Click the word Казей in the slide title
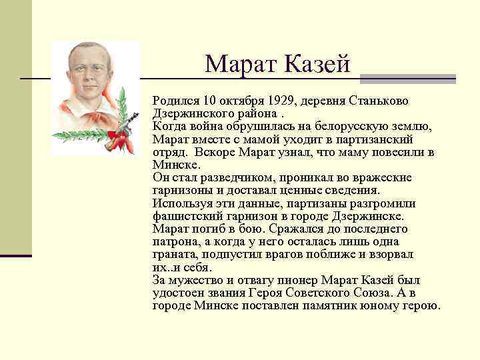click(x=318, y=64)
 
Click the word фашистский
click(x=184, y=216)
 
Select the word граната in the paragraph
click(x=175, y=255)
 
